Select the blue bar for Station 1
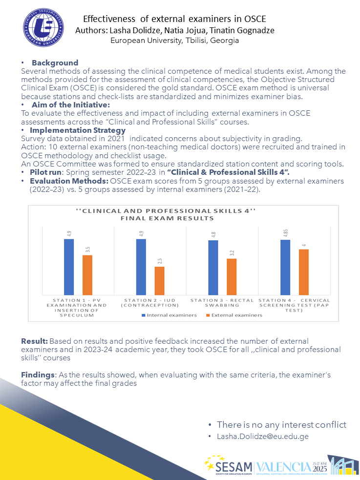[69, 267]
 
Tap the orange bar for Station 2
[159, 280]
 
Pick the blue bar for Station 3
[213, 268]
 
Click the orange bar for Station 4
[304, 272]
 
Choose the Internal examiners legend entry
[169, 315]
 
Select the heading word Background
[55, 63]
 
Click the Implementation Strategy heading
[77, 130]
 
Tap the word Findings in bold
[38, 375]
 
